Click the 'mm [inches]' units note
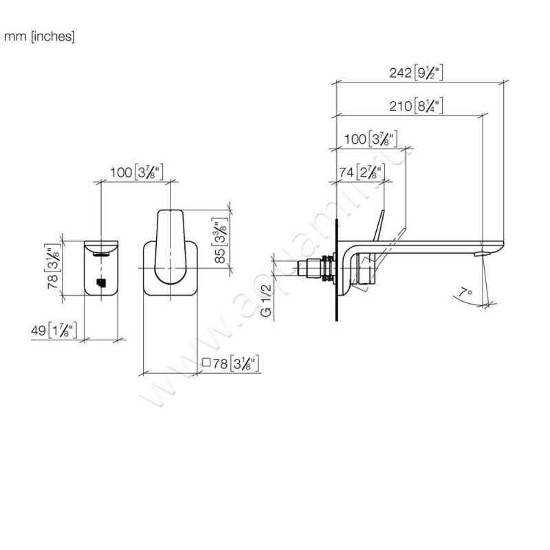pos(39,36)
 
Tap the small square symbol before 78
pos(206,364)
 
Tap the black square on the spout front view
pos(101,282)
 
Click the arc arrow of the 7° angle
pos(459,297)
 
